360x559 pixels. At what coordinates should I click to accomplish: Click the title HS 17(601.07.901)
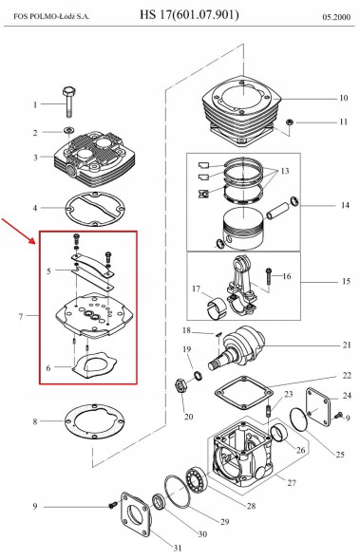189,14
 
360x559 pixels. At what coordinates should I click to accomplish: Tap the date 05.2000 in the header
336,17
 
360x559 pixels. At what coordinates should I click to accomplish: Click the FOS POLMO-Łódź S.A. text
51,16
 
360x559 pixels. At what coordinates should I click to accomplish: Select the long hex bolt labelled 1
68,102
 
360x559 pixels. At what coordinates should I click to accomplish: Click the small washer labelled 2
68,129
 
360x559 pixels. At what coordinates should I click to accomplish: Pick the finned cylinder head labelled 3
94,157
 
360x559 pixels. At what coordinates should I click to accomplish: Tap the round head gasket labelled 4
95,209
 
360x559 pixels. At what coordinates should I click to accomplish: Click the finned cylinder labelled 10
242,112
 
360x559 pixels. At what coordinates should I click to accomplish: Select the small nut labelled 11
290,122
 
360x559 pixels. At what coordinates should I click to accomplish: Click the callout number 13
285,171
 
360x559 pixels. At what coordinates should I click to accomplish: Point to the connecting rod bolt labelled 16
268,276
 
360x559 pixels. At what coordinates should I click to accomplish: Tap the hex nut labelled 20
180,386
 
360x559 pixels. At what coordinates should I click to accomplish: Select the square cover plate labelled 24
319,407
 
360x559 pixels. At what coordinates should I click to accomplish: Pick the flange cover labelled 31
135,513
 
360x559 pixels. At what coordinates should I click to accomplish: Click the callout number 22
347,376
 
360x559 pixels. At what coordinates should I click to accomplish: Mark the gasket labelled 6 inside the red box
94,365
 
